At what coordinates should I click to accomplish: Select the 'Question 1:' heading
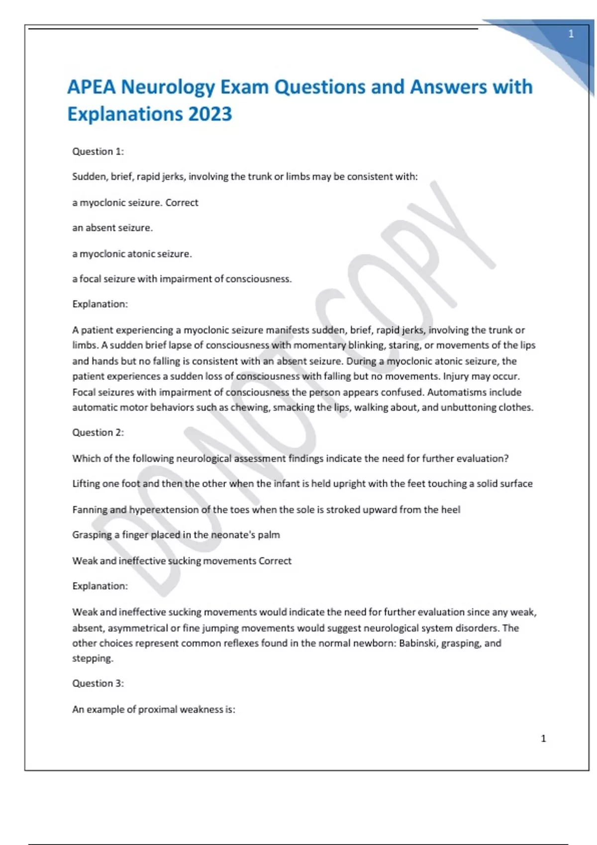98,152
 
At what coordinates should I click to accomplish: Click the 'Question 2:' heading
98,432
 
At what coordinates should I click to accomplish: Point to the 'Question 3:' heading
98,683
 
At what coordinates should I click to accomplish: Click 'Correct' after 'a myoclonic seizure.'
182,203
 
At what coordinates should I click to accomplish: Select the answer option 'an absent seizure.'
112,228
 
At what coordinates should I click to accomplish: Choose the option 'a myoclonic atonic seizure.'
132,254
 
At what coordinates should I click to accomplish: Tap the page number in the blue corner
571,34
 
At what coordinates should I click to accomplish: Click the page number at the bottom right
543,739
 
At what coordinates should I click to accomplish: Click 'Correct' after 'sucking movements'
275,561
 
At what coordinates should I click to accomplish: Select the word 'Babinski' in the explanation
418,643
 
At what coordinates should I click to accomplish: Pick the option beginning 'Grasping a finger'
176,535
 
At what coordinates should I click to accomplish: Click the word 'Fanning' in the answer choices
90,510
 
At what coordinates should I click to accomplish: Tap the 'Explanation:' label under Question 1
100,304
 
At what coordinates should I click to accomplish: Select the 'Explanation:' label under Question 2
100,586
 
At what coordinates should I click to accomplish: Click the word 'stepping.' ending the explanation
93,659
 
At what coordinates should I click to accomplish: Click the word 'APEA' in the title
91,87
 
